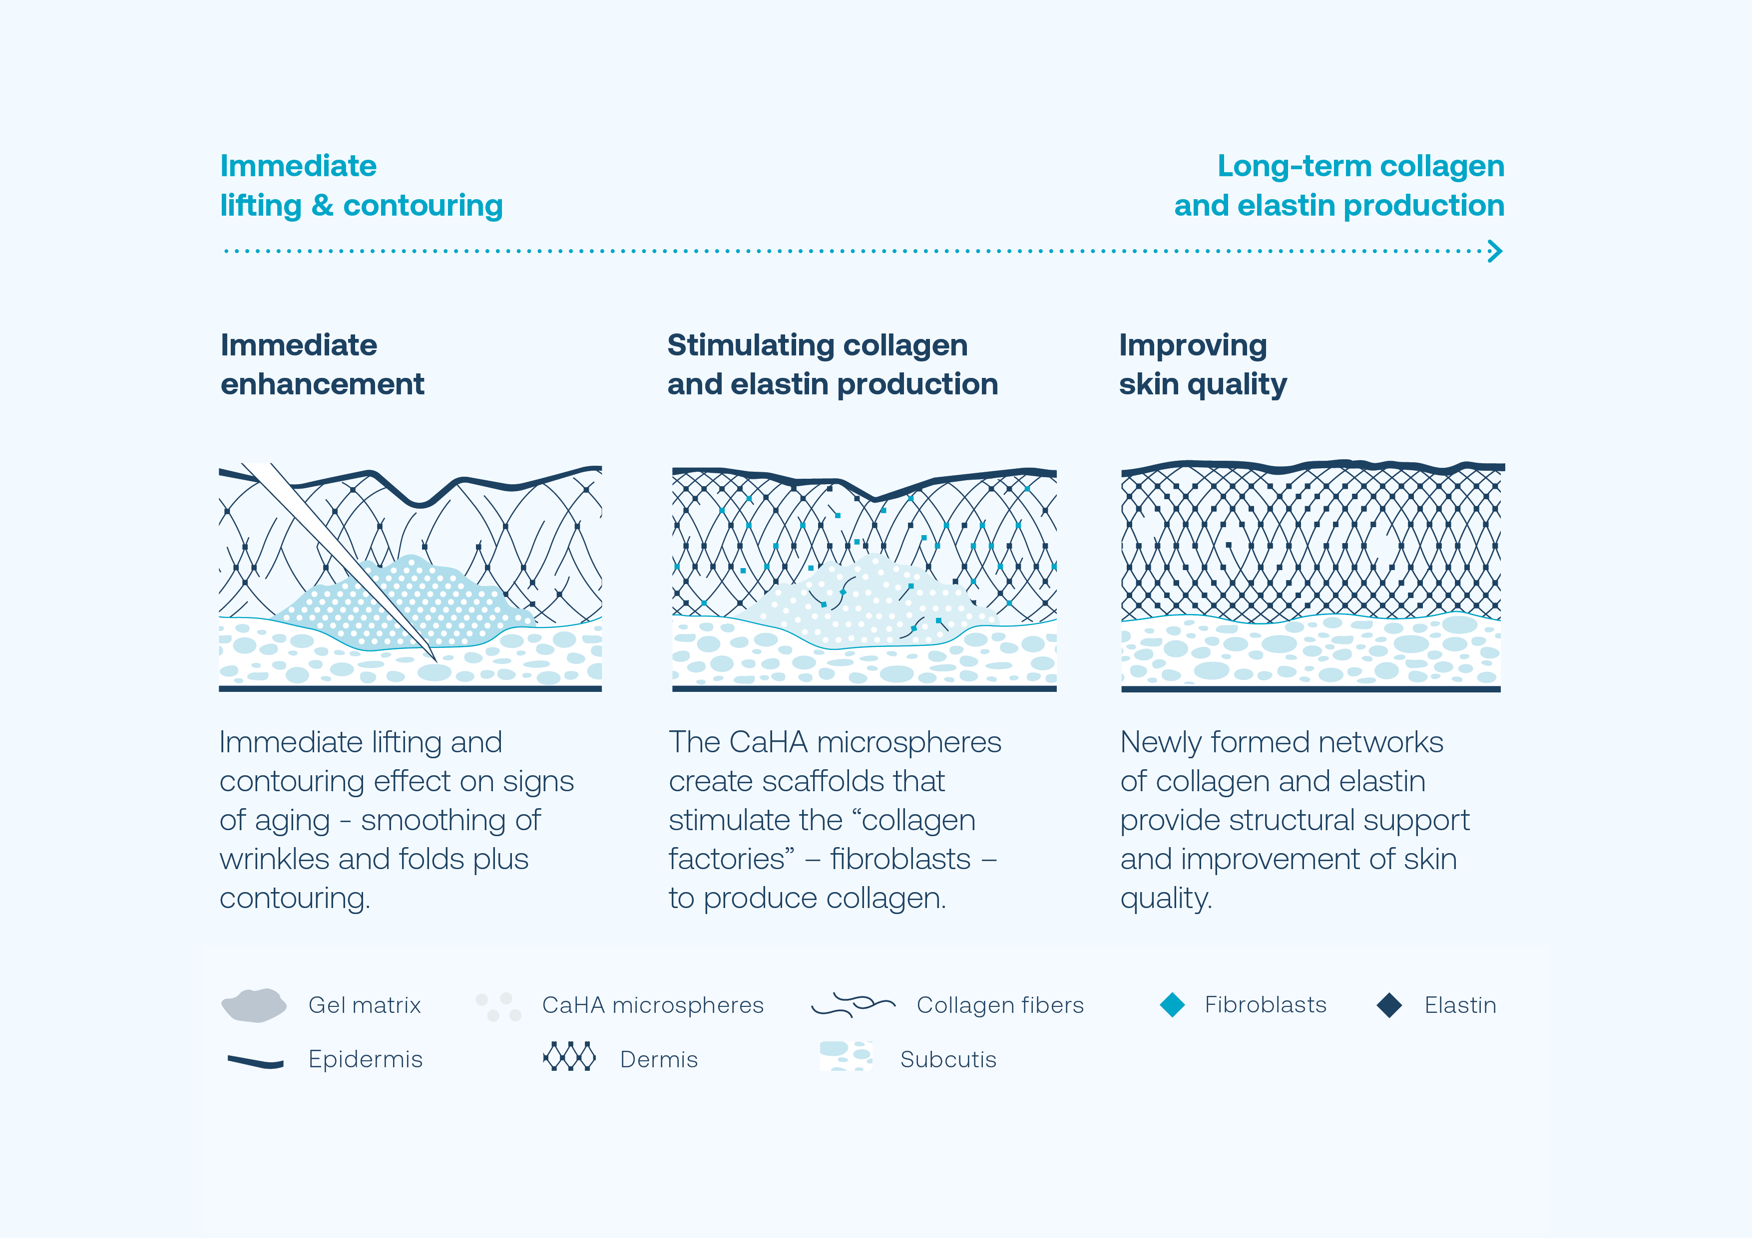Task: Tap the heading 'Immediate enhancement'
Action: click(x=322, y=364)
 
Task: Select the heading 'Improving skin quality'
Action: click(x=1203, y=364)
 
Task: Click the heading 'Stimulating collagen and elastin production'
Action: click(x=832, y=364)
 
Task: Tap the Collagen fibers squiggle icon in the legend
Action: click(x=853, y=1004)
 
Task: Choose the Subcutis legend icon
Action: click(x=846, y=1056)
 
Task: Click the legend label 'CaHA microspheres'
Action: click(x=652, y=1005)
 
